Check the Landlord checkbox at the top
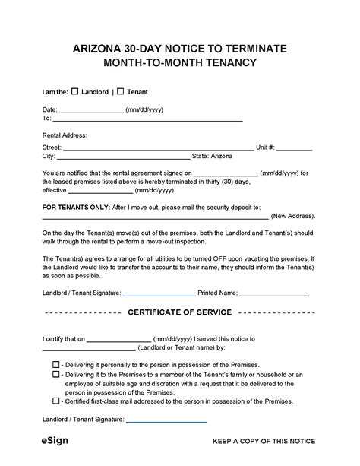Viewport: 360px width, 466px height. point(74,92)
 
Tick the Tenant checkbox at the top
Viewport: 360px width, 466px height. point(121,92)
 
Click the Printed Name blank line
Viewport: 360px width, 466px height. point(275,293)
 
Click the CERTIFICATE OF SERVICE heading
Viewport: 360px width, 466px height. point(180,312)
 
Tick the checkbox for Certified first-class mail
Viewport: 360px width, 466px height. point(56,401)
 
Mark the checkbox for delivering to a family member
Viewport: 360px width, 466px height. point(56,375)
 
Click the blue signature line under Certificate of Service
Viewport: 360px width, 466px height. point(166,420)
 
